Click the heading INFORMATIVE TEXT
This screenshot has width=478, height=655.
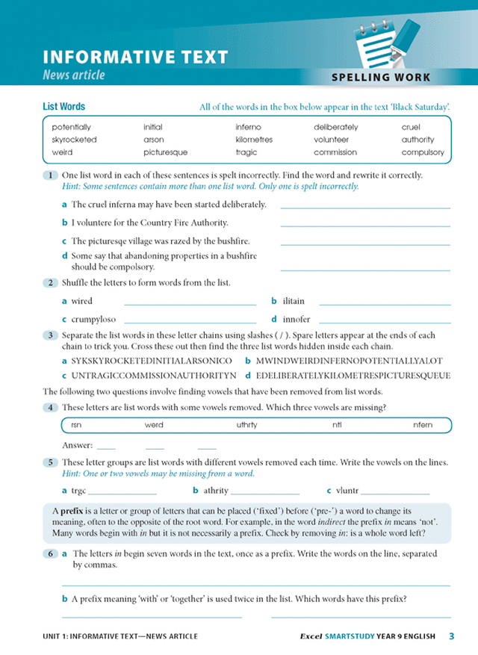coord(135,58)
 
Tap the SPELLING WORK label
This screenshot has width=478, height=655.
coord(381,78)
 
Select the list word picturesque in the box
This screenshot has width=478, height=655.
coord(165,152)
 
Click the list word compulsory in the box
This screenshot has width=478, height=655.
coord(422,152)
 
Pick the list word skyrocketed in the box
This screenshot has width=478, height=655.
coord(74,140)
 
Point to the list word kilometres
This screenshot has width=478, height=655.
coord(254,140)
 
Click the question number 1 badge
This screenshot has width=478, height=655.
coord(50,176)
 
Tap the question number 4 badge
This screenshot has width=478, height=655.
coord(50,407)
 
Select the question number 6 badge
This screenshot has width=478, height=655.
coord(50,554)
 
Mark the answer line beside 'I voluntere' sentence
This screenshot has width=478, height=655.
coord(365,226)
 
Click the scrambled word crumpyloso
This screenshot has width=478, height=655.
coord(93,319)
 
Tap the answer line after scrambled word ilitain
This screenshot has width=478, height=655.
coord(385,305)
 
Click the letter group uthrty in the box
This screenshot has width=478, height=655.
coord(246,424)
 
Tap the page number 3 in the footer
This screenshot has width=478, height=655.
coord(452,636)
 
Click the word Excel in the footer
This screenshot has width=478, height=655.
coord(310,636)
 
